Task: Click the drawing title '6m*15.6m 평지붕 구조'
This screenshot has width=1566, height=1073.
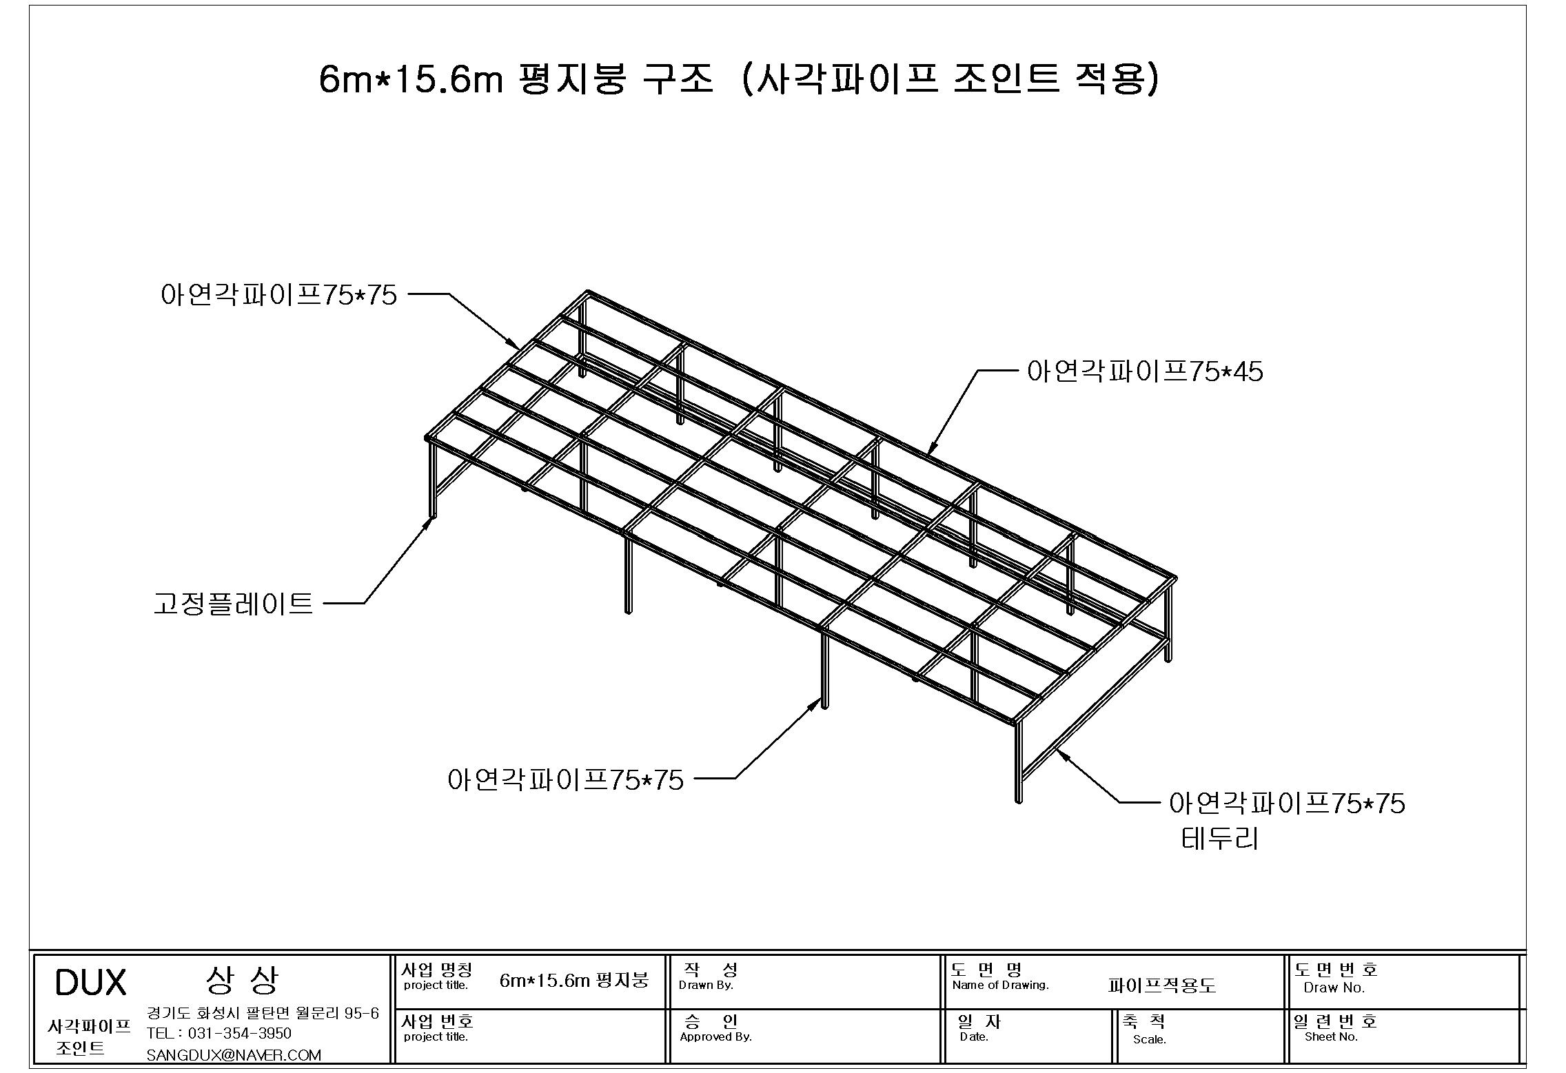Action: point(516,79)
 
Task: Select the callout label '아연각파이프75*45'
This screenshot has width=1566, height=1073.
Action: point(1145,372)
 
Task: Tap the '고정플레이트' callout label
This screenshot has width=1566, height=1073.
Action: point(234,604)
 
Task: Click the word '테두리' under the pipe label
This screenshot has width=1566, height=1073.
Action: point(1220,839)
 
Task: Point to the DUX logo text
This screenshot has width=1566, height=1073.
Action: point(90,983)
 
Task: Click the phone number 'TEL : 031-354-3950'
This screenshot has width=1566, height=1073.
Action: point(219,1033)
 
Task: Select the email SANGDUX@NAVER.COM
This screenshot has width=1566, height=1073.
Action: point(234,1055)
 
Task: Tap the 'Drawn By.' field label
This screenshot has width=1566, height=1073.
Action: point(706,985)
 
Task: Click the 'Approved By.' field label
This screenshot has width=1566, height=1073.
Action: point(715,1036)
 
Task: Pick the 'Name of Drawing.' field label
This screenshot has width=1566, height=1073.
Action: point(1000,985)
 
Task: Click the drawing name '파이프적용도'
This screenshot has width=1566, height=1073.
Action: point(1162,985)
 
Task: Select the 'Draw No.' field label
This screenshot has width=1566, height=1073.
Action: point(1334,988)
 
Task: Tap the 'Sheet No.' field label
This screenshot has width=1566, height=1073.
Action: point(1331,1036)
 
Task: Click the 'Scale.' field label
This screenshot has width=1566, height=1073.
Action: point(1150,1039)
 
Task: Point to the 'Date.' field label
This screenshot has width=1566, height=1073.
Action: point(974,1036)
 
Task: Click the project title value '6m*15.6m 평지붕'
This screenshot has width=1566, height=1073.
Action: point(574,980)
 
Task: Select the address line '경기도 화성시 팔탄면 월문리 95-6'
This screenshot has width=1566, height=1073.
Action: point(263,1013)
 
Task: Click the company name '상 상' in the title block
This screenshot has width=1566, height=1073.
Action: point(242,980)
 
